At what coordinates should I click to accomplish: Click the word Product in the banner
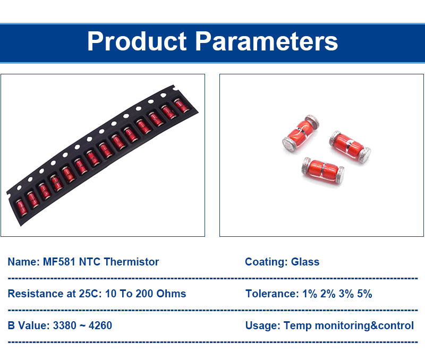(x=137, y=41)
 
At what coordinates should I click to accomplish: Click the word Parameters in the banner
(x=267, y=41)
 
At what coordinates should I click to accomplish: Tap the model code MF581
(x=59, y=262)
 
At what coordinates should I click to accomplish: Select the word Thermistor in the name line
(x=131, y=262)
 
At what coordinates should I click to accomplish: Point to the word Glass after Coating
(x=305, y=262)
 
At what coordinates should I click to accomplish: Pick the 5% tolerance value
(x=364, y=294)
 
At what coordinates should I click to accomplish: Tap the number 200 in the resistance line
(x=144, y=294)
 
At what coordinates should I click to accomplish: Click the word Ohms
(x=171, y=294)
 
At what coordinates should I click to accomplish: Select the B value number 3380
(x=64, y=325)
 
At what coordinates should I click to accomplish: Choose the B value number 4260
(x=100, y=325)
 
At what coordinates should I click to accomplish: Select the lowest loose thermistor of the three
(x=322, y=170)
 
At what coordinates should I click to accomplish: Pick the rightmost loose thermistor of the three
(x=350, y=147)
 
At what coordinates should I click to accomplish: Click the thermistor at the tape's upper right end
(x=181, y=106)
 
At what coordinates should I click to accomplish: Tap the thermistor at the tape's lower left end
(x=21, y=207)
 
